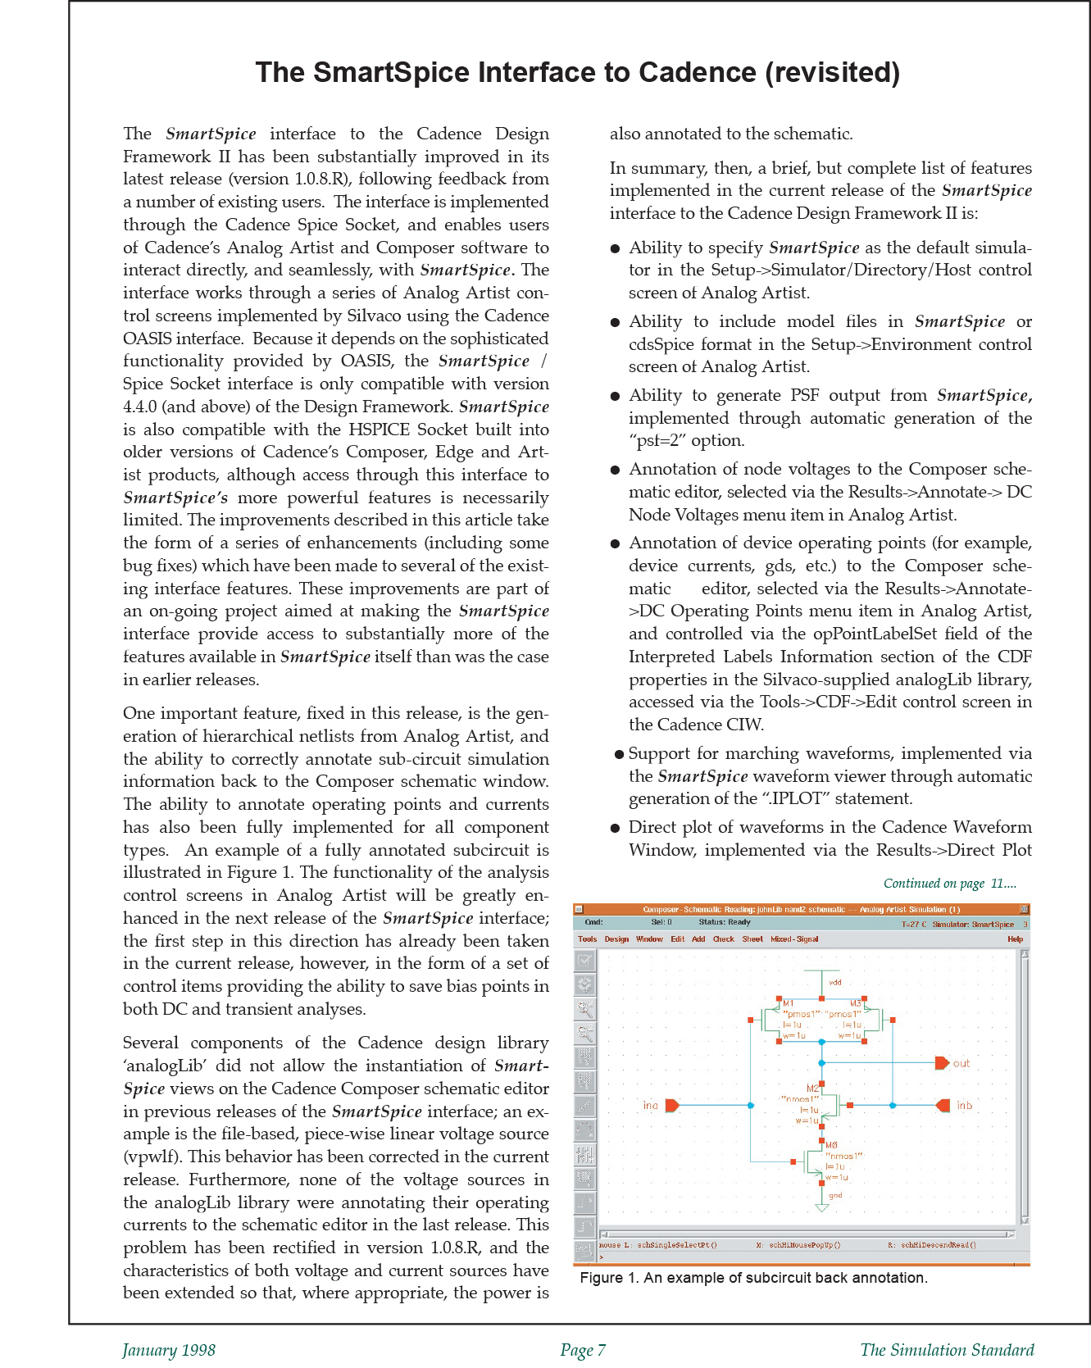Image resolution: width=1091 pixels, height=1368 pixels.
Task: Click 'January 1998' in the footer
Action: point(169,1350)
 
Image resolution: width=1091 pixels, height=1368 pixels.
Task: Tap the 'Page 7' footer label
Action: point(583,1350)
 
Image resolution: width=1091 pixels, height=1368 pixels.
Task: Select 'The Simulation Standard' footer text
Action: point(947,1350)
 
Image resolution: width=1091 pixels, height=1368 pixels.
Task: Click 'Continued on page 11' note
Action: point(949,884)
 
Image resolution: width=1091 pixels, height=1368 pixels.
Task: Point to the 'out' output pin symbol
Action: point(942,1063)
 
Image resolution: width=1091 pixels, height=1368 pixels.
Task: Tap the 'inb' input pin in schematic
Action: point(943,1106)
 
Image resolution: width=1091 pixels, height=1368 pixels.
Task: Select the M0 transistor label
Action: point(831,1145)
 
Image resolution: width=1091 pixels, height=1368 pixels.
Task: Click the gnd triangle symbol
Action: point(821,1208)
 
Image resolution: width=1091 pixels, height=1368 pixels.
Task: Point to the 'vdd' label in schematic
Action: point(834,982)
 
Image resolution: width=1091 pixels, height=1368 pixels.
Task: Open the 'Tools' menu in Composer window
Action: point(587,939)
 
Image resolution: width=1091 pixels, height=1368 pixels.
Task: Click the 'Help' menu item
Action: point(1015,939)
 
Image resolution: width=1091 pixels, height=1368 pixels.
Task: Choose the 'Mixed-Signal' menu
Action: point(793,939)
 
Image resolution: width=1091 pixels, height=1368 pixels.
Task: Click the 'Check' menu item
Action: point(723,939)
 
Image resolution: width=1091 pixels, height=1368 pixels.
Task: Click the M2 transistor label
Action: point(812,1088)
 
